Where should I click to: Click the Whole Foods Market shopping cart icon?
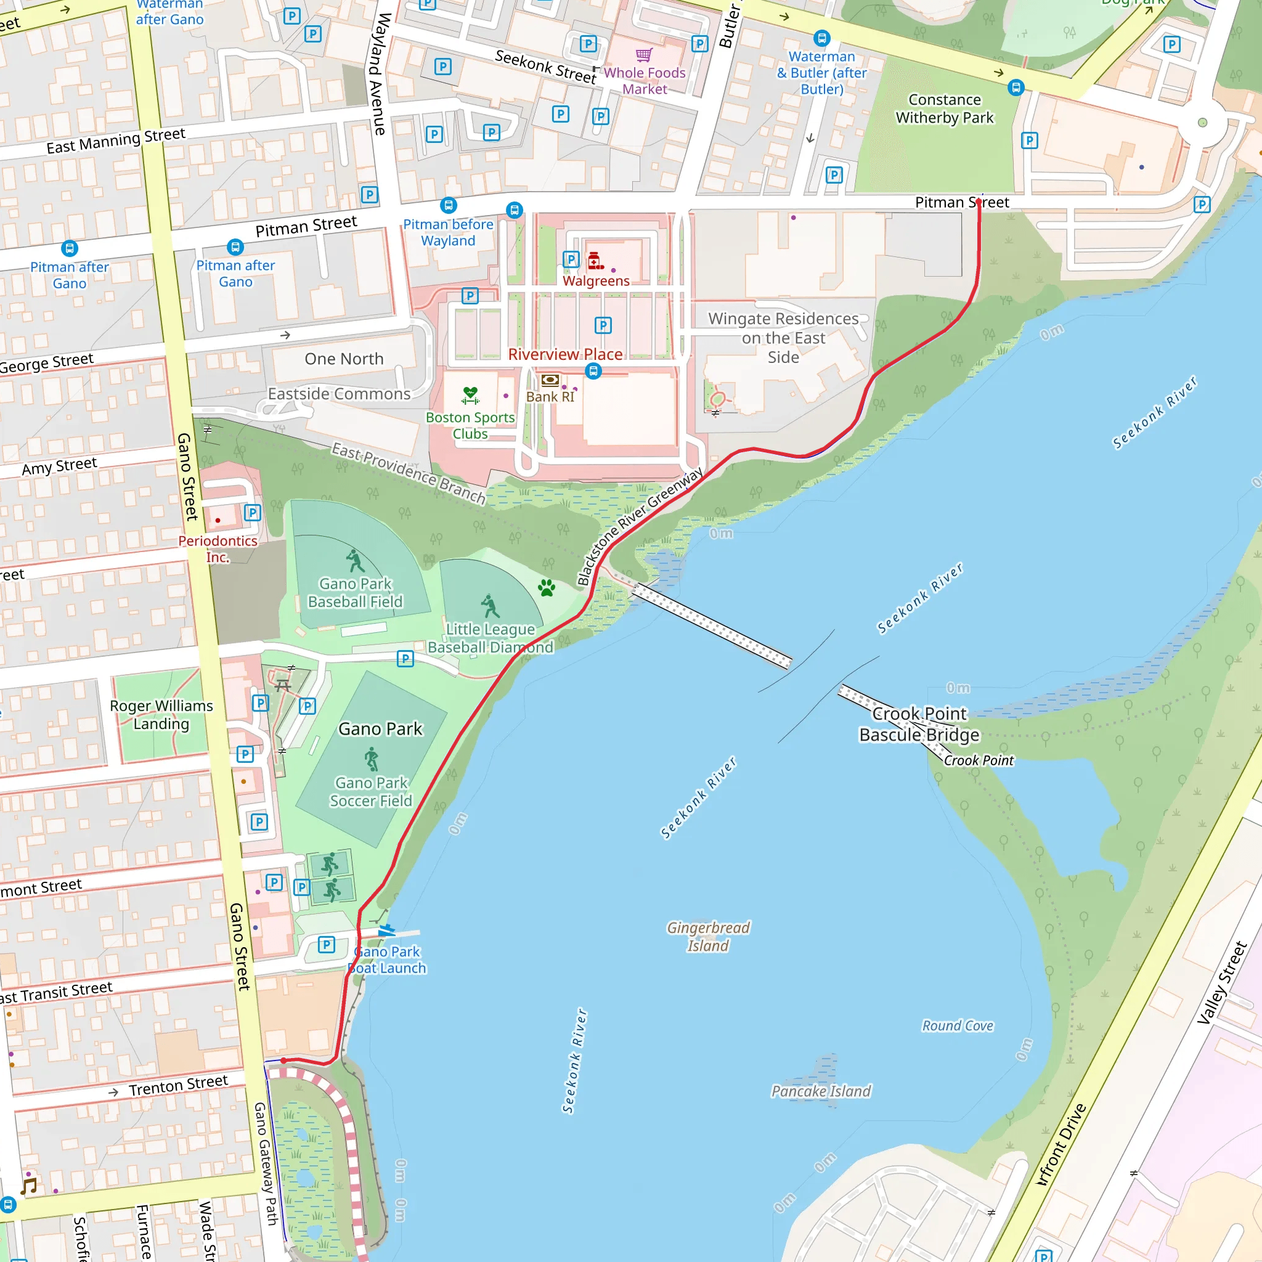click(643, 55)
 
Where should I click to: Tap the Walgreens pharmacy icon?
click(595, 261)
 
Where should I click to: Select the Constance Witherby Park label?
click(944, 108)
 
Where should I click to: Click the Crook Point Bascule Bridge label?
click(918, 724)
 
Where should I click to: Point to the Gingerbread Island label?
click(708, 936)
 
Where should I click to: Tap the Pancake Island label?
click(821, 1091)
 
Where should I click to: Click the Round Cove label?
click(957, 1025)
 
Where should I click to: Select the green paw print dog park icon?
click(547, 588)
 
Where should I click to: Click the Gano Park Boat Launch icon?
click(387, 930)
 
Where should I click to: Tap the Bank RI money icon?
click(550, 380)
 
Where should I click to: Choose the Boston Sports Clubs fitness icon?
click(470, 395)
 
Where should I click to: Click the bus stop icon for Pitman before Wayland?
click(448, 205)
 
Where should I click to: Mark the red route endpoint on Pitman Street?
click(979, 203)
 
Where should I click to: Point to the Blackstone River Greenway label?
click(640, 526)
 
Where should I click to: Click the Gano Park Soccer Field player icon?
click(372, 759)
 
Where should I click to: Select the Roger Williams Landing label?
click(161, 715)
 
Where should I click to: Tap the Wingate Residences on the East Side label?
click(783, 338)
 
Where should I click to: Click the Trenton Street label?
click(177, 1086)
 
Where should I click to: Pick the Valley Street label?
click(1221, 983)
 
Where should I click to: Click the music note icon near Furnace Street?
click(28, 1186)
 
